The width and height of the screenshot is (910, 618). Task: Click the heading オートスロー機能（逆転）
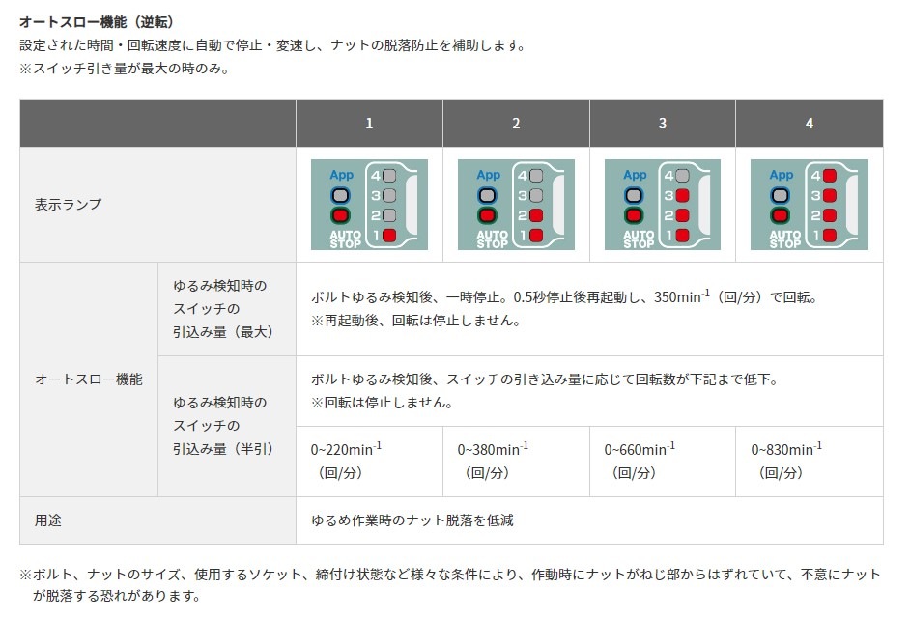[97, 20]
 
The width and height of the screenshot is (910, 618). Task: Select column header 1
[369, 124]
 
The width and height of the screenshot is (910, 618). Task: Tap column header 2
[516, 124]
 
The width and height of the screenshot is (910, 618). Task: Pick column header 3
[663, 124]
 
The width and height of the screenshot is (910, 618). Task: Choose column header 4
[810, 124]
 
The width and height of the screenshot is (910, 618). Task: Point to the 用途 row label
[48, 520]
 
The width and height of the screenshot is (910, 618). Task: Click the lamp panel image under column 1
[369, 205]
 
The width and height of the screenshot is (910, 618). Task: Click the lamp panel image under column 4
[809, 205]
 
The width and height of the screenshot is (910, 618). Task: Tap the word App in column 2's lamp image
[488, 175]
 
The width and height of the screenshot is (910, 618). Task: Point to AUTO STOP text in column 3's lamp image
[639, 239]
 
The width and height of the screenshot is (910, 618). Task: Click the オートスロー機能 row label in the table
[88, 379]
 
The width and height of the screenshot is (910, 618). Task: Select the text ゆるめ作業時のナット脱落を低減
[412, 520]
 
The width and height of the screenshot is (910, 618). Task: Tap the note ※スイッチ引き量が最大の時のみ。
[124, 70]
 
